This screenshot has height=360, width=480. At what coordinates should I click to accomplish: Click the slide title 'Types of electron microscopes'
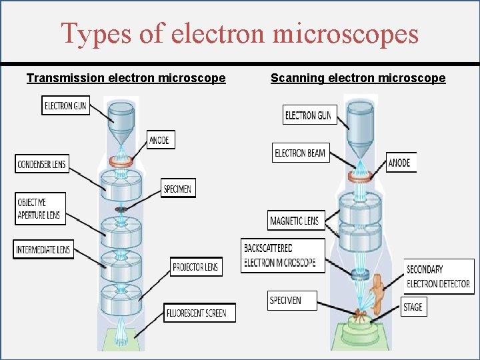pyautogui.click(x=239, y=33)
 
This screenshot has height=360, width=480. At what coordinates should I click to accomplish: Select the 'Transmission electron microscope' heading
pyautogui.click(x=126, y=78)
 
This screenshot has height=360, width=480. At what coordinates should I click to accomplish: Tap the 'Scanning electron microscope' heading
pyautogui.click(x=358, y=78)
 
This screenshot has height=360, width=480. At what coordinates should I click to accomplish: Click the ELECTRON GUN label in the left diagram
pyautogui.click(x=65, y=105)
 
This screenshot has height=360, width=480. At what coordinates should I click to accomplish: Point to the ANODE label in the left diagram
pyautogui.click(x=161, y=140)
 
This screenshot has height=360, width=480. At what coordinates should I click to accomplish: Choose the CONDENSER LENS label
pyautogui.click(x=41, y=164)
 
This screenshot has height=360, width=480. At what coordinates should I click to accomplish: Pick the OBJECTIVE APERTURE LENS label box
pyautogui.click(x=40, y=209)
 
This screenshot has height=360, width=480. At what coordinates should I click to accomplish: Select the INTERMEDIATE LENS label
pyautogui.click(x=41, y=250)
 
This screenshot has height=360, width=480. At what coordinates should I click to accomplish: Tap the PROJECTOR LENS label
pyautogui.click(x=195, y=267)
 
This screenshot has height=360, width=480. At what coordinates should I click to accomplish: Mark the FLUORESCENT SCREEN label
pyautogui.click(x=199, y=313)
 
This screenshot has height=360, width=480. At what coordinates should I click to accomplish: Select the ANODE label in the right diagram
pyautogui.click(x=401, y=162)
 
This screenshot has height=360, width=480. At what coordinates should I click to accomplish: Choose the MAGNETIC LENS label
pyautogui.click(x=295, y=220)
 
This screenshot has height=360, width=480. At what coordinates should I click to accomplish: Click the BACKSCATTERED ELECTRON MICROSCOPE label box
pyautogui.click(x=283, y=255)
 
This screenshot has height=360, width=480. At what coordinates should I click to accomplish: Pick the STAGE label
pyautogui.click(x=413, y=307)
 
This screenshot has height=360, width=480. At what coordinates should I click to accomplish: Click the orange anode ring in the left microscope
pyautogui.click(x=121, y=161)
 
